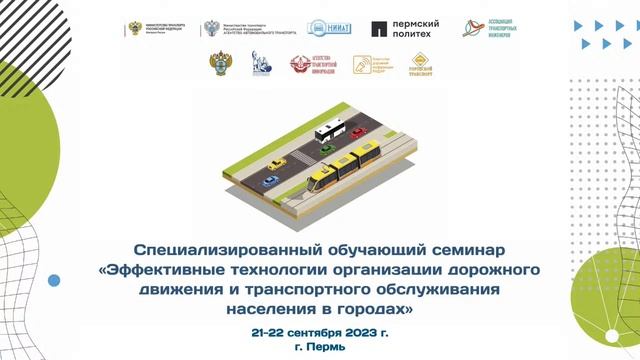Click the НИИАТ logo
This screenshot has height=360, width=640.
pyautogui.click(x=327, y=29)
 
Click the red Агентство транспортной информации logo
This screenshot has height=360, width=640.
pyautogui.click(x=309, y=65)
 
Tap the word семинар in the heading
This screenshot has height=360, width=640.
pyautogui.click(x=462, y=248)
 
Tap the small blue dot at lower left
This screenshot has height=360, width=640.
pyautogui.click(x=54, y=281)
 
